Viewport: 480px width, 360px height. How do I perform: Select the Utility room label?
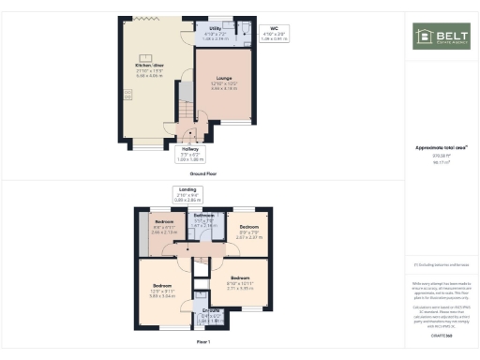pyautogui.click(x=215, y=29)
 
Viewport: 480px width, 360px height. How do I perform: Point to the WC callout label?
pyautogui.click(x=273, y=28)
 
